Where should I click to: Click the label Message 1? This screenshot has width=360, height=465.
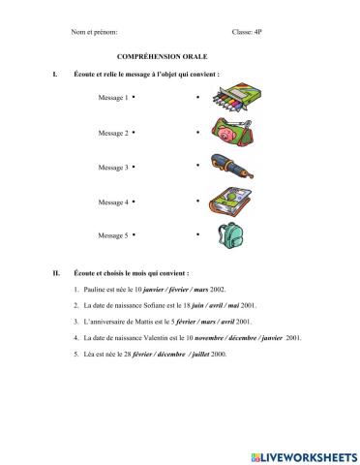pos(112,99)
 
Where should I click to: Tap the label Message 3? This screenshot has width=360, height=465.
pos(112,168)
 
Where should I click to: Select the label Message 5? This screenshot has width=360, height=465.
pos(112,235)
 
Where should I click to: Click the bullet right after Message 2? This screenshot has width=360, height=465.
pos(134,132)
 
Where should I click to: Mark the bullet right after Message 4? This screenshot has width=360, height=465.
pos(134,201)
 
